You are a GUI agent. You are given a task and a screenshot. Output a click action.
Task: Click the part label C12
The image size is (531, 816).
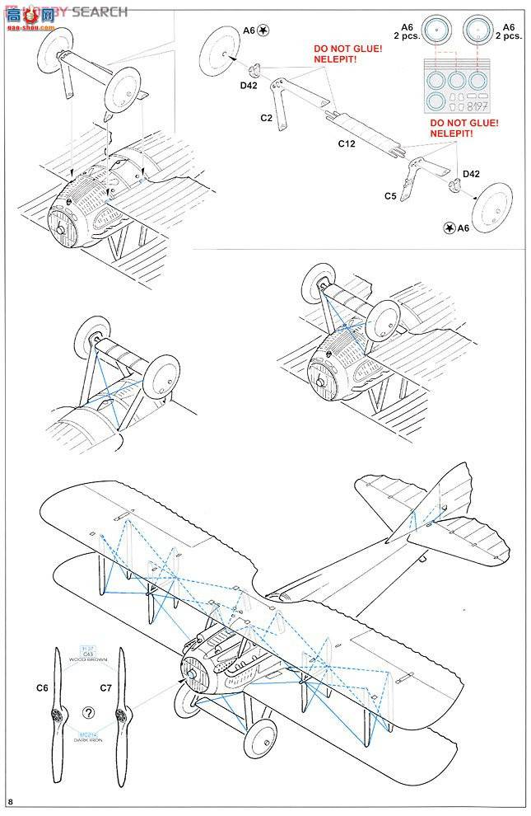(x=346, y=143)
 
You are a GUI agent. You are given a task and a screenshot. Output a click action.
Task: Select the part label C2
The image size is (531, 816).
(x=266, y=119)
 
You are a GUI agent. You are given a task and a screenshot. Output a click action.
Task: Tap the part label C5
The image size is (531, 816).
(x=390, y=195)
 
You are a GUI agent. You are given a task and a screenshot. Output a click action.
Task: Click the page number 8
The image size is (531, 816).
(x=10, y=801)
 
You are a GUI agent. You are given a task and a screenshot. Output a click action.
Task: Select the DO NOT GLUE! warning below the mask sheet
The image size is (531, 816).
(x=464, y=123)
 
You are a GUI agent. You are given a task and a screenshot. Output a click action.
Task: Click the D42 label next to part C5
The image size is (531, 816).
(x=472, y=173)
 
